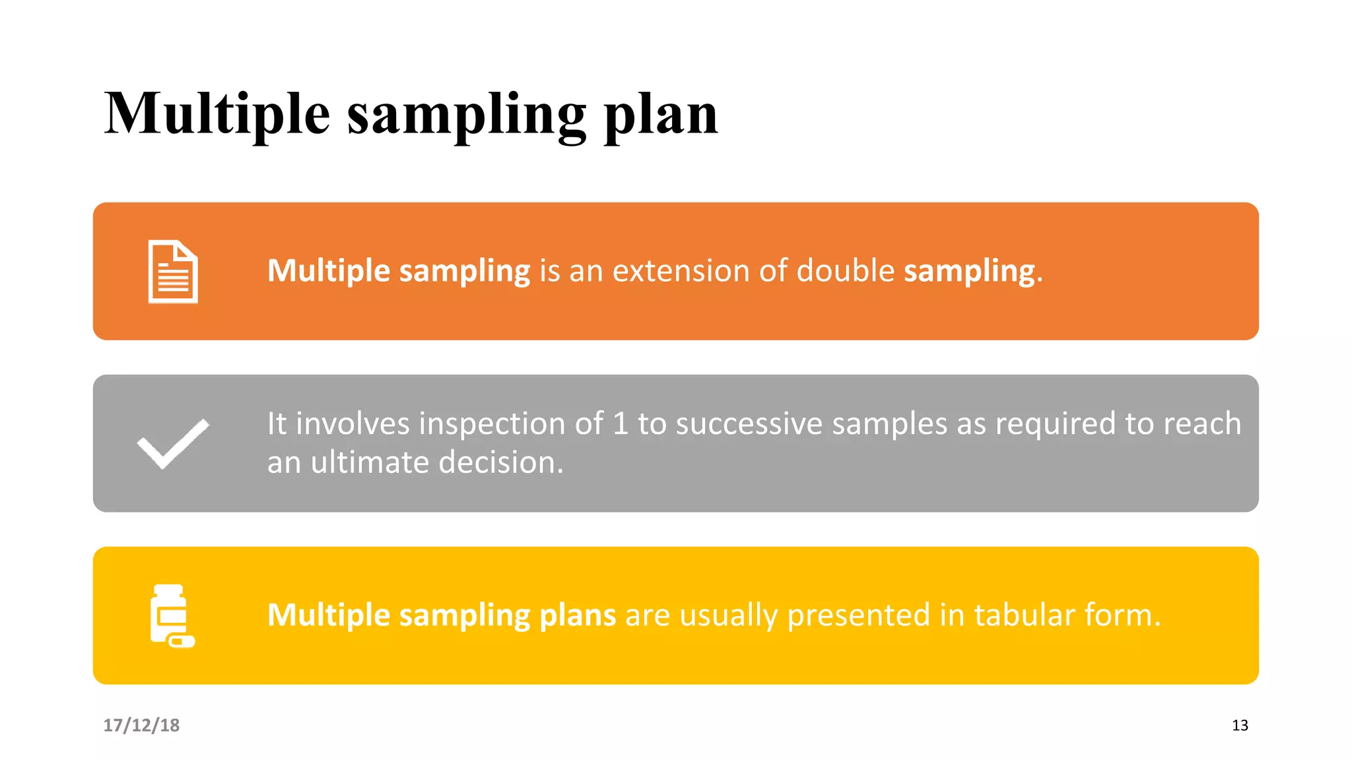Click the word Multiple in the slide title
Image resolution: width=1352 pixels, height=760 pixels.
click(x=217, y=113)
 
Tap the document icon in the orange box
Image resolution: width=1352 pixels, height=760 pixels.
click(x=173, y=272)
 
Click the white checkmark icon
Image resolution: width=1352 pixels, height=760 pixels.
click(x=173, y=443)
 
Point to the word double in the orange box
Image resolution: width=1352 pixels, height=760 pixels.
click(x=845, y=271)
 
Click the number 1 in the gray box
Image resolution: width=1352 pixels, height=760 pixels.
click(x=620, y=424)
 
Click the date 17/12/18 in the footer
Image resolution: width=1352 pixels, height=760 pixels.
click(x=141, y=725)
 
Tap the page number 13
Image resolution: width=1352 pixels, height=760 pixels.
click(x=1240, y=725)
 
